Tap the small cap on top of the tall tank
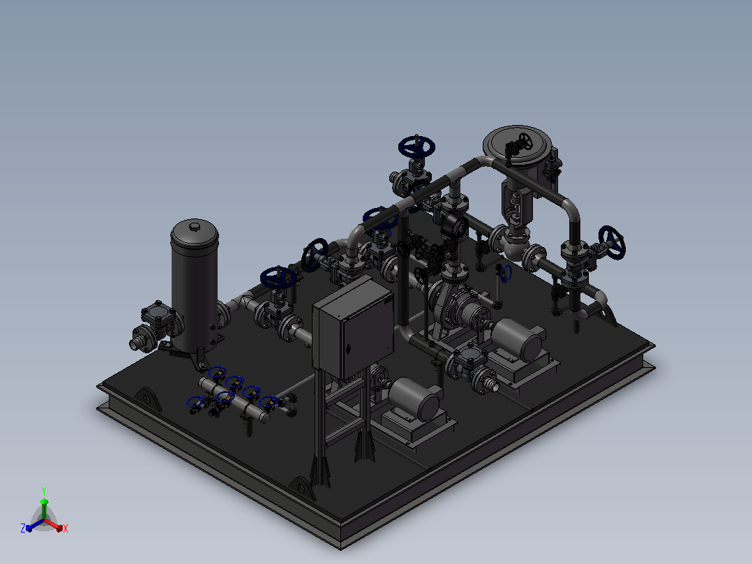click(194, 225)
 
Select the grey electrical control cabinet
click(354, 328)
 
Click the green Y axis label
click(44, 491)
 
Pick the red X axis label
click(66, 528)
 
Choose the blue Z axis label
click(23, 528)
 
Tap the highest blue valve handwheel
click(416, 147)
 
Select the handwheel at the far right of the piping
click(612, 243)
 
